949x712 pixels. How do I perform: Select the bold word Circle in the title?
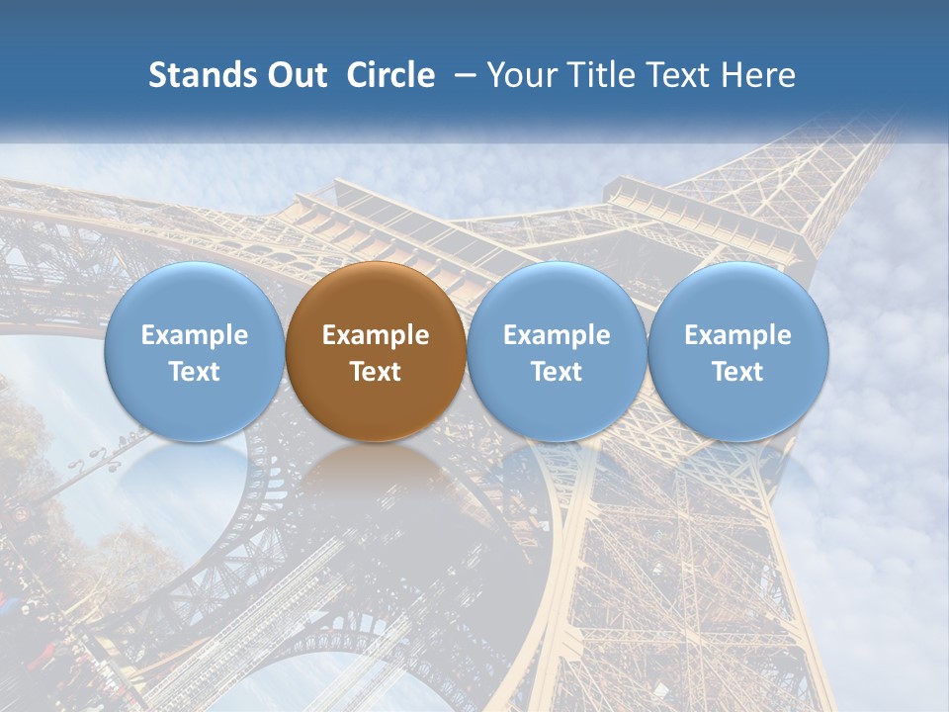(x=390, y=75)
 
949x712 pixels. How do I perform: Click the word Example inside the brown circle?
(x=376, y=335)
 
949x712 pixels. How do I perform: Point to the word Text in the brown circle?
(x=376, y=372)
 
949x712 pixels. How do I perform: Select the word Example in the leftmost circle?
(x=194, y=335)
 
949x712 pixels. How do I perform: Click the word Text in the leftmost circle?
(x=194, y=372)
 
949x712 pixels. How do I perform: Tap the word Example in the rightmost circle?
(x=738, y=335)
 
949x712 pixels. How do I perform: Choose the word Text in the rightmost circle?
(x=738, y=372)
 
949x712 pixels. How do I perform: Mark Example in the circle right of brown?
(x=557, y=335)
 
